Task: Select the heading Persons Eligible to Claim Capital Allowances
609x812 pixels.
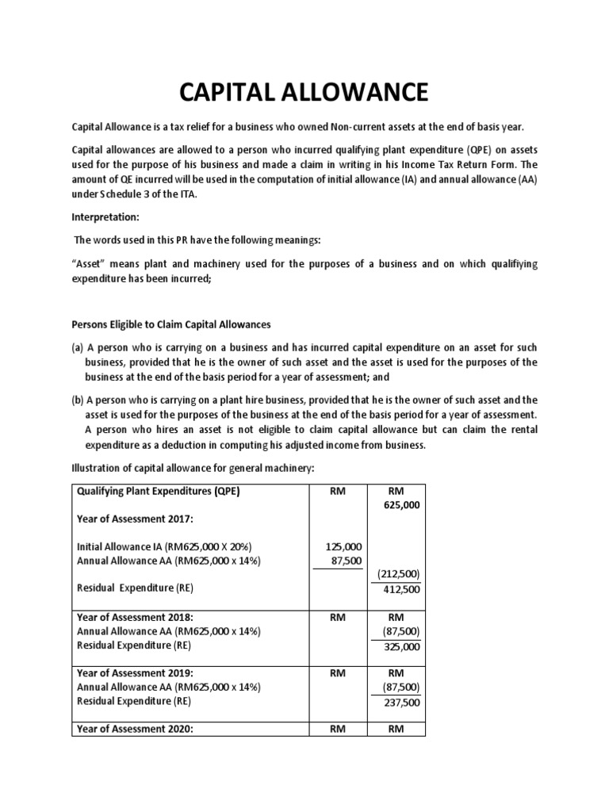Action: [171, 324]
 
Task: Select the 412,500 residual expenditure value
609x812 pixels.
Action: [403, 589]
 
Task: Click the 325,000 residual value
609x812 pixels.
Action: [403, 646]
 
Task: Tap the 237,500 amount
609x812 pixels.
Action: [403, 703]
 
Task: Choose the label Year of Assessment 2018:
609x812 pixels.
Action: [135, 617]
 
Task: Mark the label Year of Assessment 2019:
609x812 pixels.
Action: [135, 672]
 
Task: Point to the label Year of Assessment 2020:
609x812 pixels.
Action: [135, 729]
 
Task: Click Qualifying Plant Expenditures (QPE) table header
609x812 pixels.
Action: [158, 490]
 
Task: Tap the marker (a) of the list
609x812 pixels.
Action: [78, 347]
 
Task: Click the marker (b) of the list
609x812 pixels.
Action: [78, 400]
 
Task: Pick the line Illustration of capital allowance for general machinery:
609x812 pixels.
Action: [193, 468]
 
